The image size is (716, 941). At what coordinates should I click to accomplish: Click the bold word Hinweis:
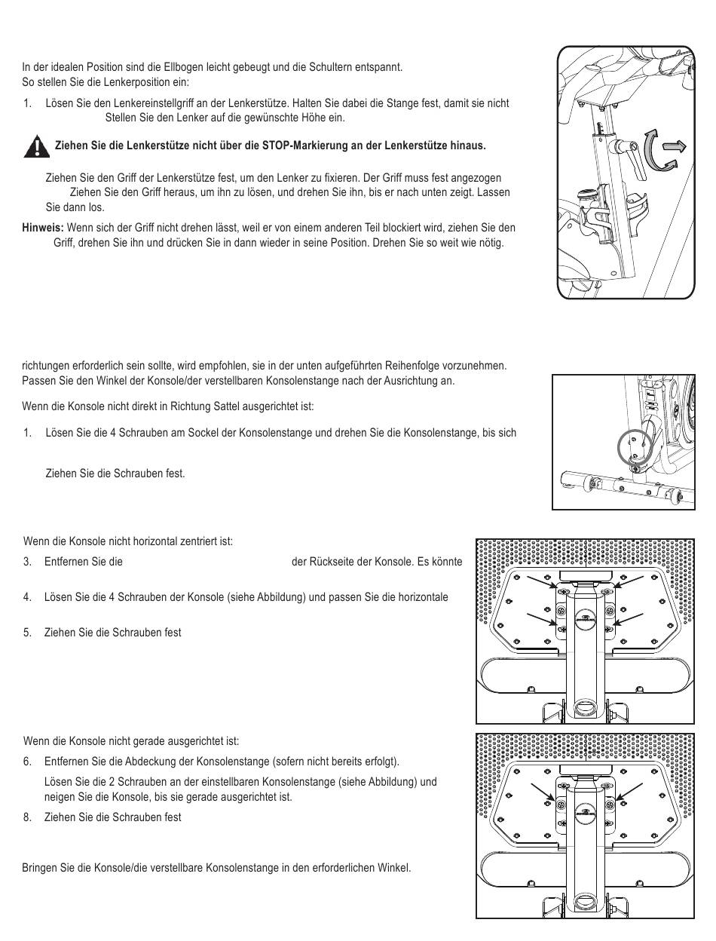point(44,228)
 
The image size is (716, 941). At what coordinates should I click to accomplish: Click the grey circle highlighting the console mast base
point(634,448)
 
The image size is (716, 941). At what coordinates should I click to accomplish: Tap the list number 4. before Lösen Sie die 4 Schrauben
point(28,597)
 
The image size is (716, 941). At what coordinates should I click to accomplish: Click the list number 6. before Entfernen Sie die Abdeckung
point(28,761)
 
